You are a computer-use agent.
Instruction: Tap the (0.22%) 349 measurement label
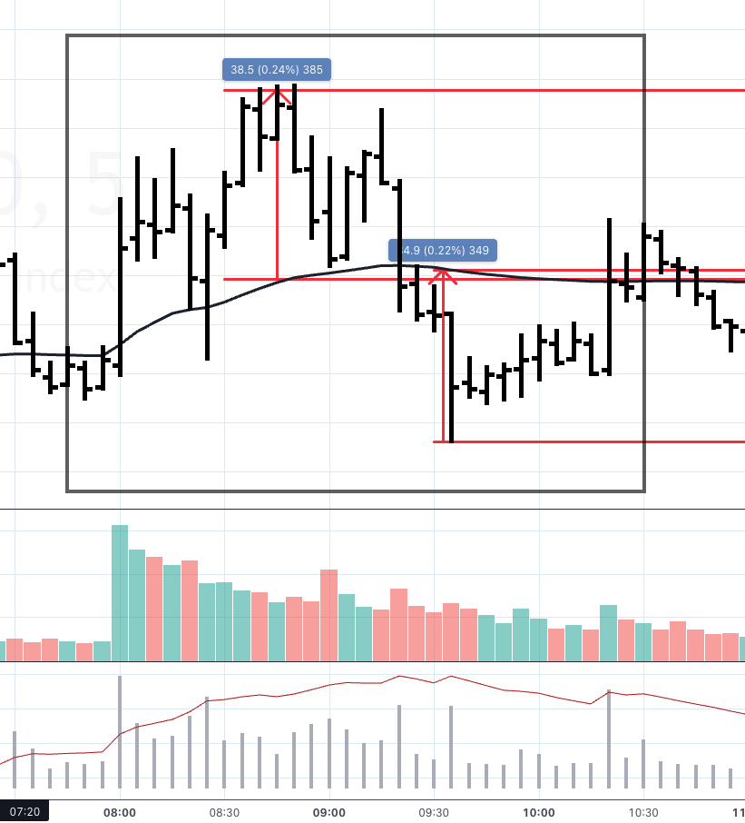coord(443,251)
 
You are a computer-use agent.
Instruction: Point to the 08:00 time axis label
coord(120,812)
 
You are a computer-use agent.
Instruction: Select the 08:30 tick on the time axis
coord(224,812)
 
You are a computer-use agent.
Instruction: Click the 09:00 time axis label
coord(328,812)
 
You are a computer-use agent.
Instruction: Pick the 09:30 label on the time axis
coord(434,812)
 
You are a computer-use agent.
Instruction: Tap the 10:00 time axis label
coord(539,812)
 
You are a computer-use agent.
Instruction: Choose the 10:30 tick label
coord(643,812)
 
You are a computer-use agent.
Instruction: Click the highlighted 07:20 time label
coord(24,811)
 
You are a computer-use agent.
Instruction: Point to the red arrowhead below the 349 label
coord(444,275)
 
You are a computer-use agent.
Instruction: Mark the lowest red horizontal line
coord(590,442)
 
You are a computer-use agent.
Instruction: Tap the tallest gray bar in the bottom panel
coord(120,732)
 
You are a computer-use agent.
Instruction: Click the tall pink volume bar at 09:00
coord(328,615)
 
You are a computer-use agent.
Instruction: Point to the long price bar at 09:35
coord(451,377)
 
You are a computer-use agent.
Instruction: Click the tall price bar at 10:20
coord(609,296)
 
